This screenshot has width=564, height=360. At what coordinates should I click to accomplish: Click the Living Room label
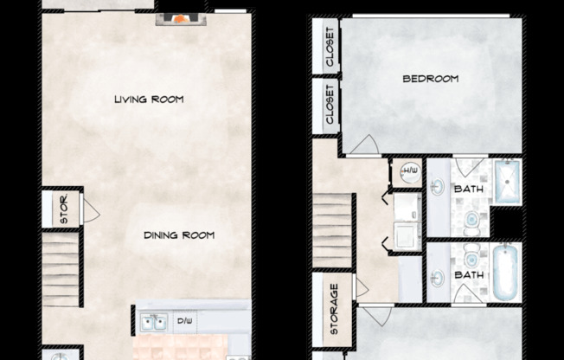[149, 100]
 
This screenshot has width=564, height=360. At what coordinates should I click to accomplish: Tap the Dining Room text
[179, 235]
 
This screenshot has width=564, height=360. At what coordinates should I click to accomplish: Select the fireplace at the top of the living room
[181, 17]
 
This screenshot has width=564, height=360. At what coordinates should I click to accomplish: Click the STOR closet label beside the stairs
[63, 211]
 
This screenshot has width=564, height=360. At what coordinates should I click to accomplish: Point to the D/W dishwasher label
[186, 323]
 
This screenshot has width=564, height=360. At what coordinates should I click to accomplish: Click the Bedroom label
[430, 79]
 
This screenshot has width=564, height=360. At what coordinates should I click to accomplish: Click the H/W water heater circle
[407, 173]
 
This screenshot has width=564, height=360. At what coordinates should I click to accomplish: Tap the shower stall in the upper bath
[508, 182]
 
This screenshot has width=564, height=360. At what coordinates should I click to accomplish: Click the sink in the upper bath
[439, 187]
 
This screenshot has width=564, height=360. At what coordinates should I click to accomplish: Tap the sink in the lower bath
[439, 278]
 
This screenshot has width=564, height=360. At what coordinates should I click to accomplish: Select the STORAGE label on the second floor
[333, 308]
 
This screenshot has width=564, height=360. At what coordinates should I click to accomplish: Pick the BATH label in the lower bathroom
[470, 276]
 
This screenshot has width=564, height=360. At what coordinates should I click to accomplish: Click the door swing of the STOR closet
[89, 211]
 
